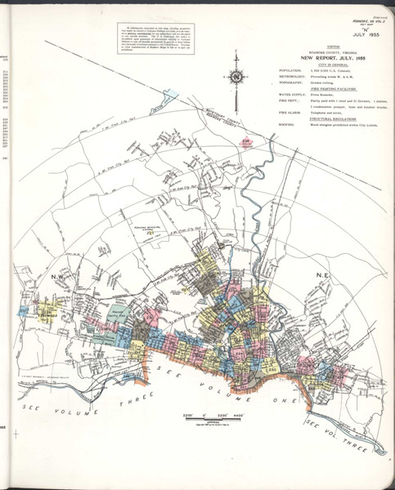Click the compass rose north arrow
(x=236, y=79)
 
